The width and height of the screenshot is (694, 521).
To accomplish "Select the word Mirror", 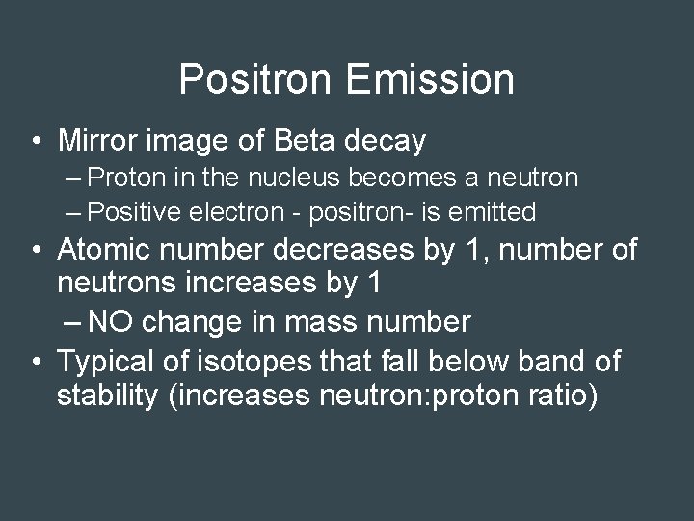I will pos(100,141).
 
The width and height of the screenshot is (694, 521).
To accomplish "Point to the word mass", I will pos(320,321).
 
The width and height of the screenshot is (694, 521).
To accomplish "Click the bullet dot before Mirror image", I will pos(35,142).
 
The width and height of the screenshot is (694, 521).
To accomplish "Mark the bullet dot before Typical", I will pos(35,363).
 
